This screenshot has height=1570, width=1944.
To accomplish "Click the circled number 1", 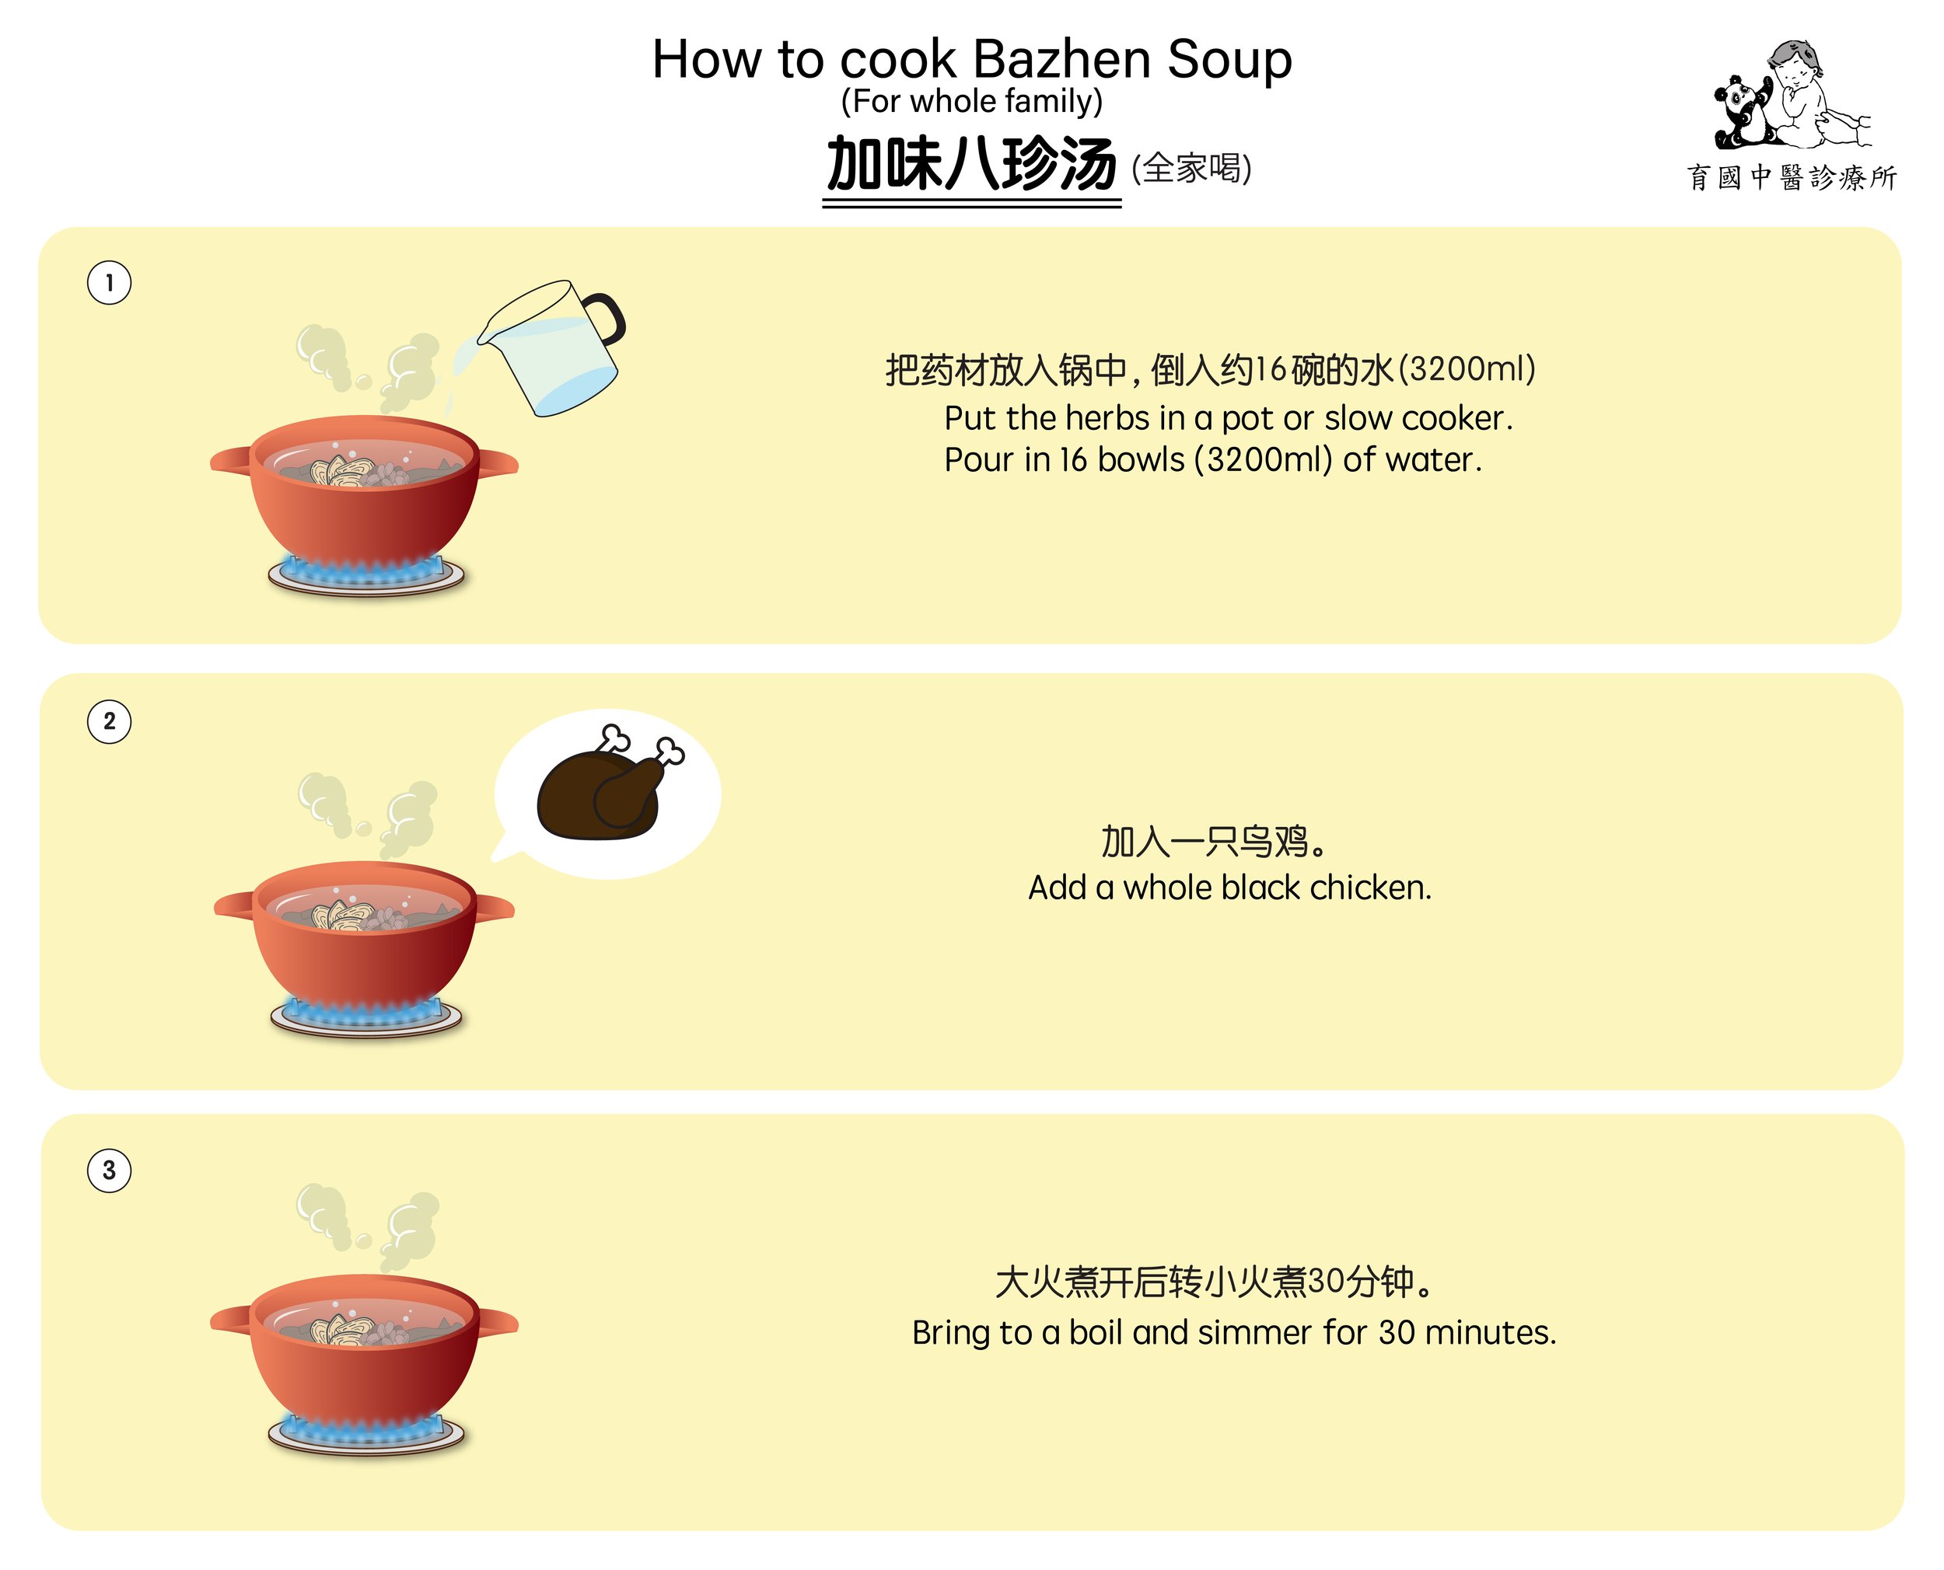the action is pos(109,283).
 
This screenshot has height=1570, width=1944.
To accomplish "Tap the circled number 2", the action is pos(109,722).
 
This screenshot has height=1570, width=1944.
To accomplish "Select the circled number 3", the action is pos(109,1171).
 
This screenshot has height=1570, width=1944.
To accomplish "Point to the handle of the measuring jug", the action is pos(608,319).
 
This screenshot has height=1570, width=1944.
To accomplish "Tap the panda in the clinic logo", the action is pos(1740,111).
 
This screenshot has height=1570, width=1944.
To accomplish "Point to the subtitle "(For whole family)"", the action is pos(971,101).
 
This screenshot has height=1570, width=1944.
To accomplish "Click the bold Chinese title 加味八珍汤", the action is pos(971,164).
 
